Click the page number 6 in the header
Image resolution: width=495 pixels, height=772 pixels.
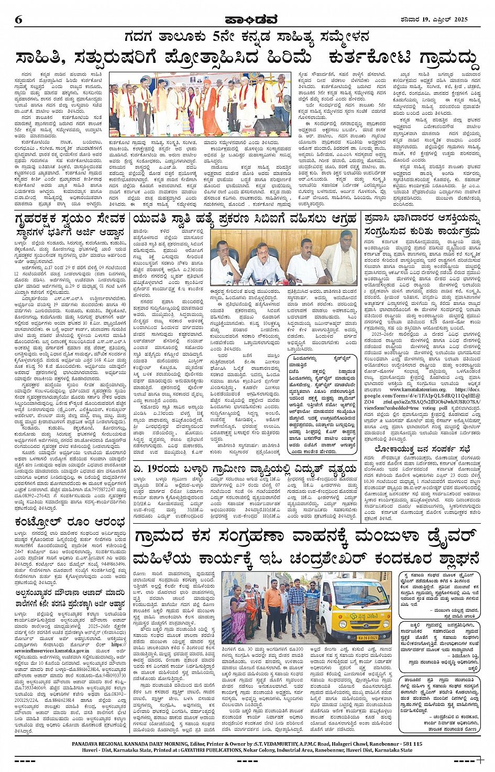point(19,20)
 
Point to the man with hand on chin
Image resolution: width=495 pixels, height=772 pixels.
point(227,260)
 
